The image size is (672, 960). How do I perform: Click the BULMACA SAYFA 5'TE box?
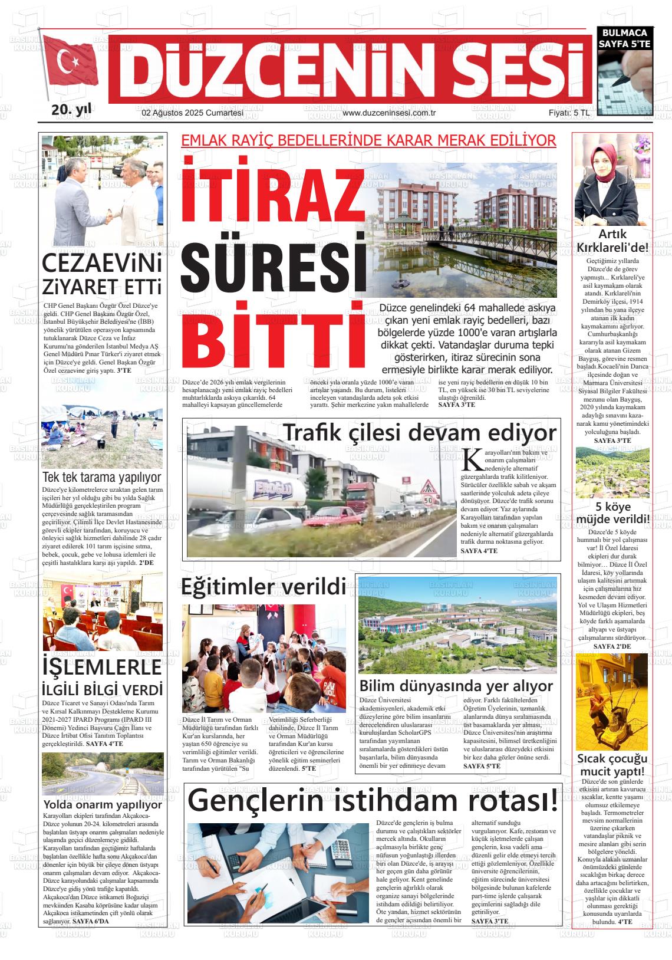(624, 38)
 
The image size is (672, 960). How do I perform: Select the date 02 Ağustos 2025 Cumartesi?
(193, 113)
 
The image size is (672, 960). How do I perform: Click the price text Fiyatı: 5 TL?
(569, 113)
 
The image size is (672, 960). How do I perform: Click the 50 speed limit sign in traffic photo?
(429, 500)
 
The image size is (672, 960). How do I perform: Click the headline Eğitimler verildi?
(263, 587)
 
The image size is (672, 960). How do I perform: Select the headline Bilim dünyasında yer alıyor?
(456, 686)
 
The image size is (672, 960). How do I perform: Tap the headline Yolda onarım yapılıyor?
(103, 804)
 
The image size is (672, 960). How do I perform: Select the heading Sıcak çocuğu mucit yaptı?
(612, 765)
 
